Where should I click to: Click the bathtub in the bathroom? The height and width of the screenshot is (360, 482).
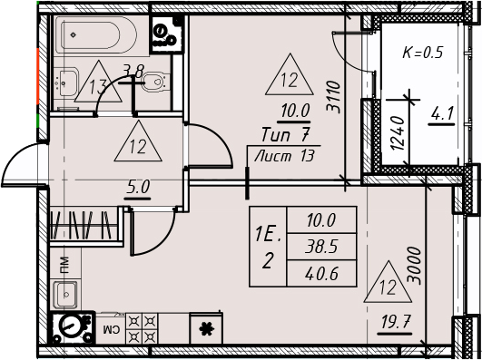(x=95, y=35)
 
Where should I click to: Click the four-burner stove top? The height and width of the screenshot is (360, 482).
(x=142, y=328)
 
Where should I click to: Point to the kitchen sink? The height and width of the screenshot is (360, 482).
(x=65, y=295)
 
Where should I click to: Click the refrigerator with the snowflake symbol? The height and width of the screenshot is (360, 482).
(x=206, y=328)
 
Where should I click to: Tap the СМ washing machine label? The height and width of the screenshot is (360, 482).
(x=110, y=330)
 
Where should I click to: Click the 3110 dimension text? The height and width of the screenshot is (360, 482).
(x=334, y=97)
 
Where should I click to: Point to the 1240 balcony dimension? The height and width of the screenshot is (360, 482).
(x=398, y=133)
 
